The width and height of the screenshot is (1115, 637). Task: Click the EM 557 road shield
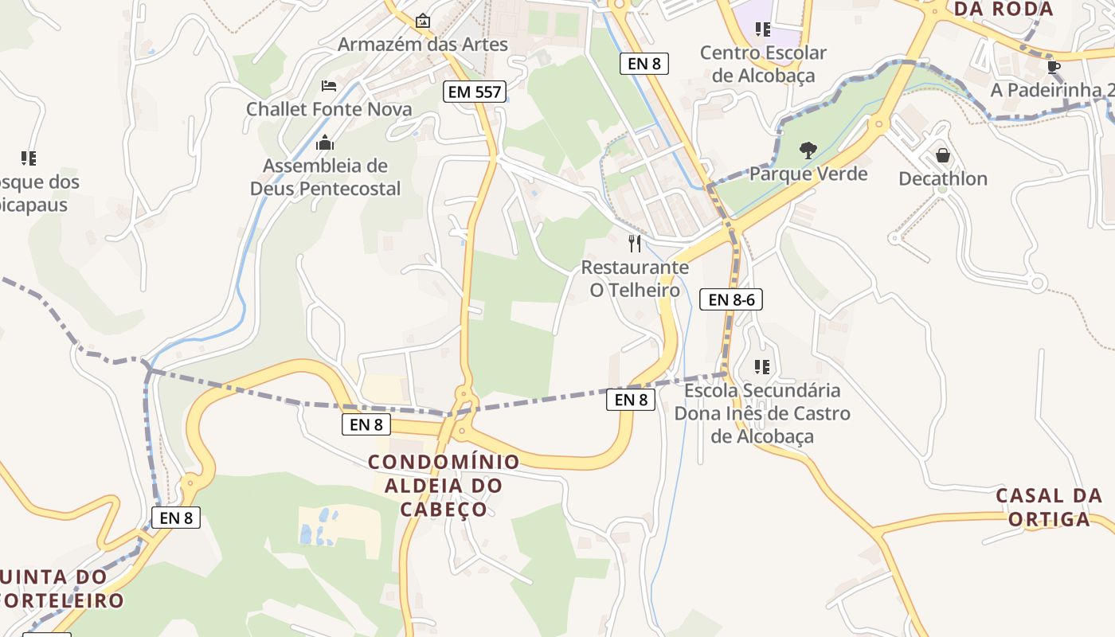(x=475, y=92)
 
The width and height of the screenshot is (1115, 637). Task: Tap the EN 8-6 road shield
(x=731, y=299)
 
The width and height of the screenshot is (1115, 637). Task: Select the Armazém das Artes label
(x=422, y=44)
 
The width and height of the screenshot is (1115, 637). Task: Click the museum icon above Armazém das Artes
(x=422, y=20)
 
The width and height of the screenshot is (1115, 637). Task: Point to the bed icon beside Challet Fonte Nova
(x=329, y=85)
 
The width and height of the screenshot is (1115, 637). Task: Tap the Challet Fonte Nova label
(x=329, y=109)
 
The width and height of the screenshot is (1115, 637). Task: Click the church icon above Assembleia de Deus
(x=325, y=143)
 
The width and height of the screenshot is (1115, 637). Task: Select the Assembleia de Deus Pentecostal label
(x=325, y=177)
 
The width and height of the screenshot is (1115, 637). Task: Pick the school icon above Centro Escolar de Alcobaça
(x=763, y=29)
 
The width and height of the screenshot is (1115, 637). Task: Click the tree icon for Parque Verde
(x=808, y=150)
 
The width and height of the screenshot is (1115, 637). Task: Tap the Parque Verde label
(x=808, y=174)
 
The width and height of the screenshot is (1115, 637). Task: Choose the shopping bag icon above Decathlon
(x=943, y=155)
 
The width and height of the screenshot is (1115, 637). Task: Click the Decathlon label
(x=943, y=178)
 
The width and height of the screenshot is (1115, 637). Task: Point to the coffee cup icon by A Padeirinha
(x=1054, y=67)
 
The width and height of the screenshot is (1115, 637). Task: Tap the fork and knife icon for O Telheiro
(x=635, y=244)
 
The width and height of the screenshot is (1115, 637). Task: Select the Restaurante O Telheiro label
(x=635, y=278)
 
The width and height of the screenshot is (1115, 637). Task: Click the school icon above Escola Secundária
(x=762, y=367)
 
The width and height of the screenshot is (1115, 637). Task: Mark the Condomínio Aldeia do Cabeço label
(x=444, y=485)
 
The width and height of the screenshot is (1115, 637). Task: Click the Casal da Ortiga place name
(x=1049, y=507)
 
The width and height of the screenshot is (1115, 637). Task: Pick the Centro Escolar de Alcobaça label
(x=763, y=64)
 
